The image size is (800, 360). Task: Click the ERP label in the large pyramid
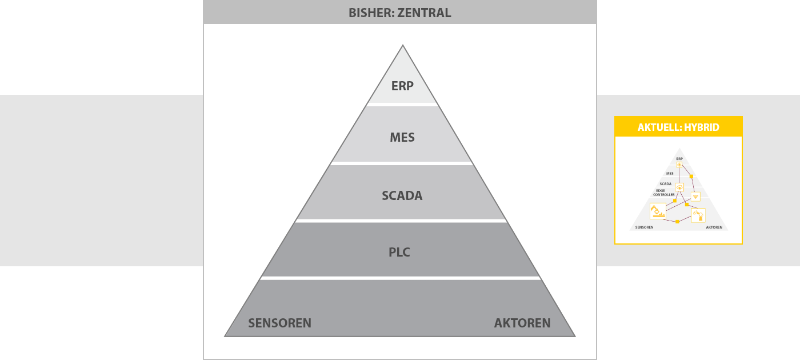coord(402,86)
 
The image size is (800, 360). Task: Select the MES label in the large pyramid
coord(402,137)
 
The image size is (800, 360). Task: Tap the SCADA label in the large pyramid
coord(402,195)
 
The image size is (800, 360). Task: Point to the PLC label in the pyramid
coord(399,252)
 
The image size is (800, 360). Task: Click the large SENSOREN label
coord(279,323)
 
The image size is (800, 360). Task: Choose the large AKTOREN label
coord(522,323)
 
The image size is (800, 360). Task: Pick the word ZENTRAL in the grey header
coord(424,13)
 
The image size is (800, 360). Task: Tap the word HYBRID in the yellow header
coord(702,127)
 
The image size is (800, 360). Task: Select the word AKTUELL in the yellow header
coord(659,127)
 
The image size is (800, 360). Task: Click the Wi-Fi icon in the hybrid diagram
coord(695,197)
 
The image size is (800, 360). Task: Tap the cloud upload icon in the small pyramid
coord(679,187)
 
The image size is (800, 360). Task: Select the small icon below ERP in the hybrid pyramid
coord(679,165)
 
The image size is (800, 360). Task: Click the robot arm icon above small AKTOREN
coord(698,215)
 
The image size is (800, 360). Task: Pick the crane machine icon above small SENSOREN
coord(658,211)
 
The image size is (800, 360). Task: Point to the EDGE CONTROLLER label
coord(663,193)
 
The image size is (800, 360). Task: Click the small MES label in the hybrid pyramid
coord(670,174)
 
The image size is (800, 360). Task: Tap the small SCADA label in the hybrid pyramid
coord(665,184)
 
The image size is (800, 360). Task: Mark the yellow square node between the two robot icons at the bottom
coord(677,222)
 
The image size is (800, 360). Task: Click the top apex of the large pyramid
coord(403,45)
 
